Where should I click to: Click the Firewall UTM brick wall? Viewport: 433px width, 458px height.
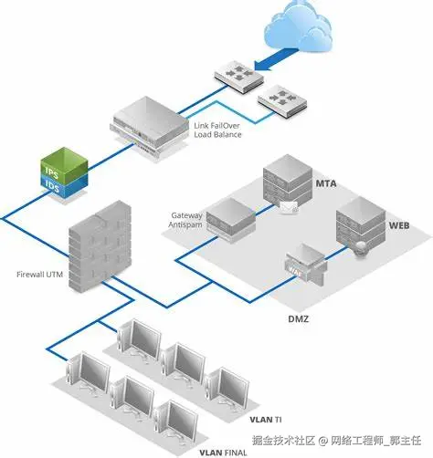pos(100,247)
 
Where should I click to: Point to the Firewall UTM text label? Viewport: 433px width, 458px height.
pos(39,273)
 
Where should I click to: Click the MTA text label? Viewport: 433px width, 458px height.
pos(326,182)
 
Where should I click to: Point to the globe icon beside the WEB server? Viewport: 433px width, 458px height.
pos(363,247)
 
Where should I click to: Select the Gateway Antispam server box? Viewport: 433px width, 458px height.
pos(227,220)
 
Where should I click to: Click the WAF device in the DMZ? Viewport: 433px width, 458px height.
pos(301,265)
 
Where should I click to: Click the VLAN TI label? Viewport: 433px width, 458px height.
pos(263,421)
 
